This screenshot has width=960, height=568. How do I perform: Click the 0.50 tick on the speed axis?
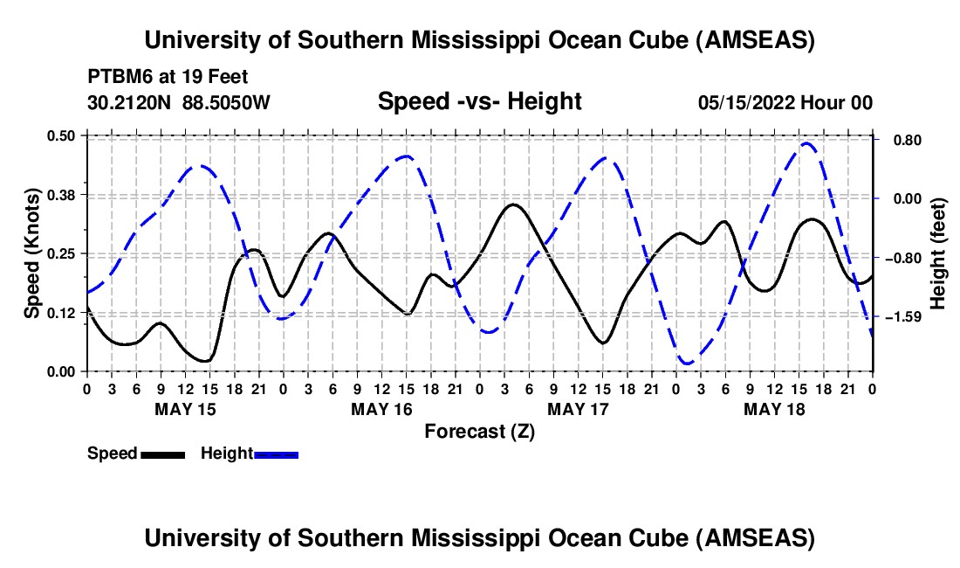[65, 135]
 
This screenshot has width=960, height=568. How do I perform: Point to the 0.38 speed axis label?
[65, 194]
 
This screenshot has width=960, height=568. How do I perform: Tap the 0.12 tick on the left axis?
[65, 313]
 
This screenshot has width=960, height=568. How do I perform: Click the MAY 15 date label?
[185, 409]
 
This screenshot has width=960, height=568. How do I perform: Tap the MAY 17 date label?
[578, 409]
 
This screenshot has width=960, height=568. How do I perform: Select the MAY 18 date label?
[774, 409]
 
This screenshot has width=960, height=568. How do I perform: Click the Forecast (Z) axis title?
[479, 431]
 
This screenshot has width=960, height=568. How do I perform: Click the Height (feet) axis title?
[939, 253]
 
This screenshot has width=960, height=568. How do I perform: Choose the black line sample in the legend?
[162, 454]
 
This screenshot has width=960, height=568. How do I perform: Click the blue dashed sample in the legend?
[277, 454]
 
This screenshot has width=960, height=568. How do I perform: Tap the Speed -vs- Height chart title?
[479, 101]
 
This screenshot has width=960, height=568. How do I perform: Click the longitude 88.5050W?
[226, 102]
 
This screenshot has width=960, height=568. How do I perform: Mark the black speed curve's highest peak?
[513, 204]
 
